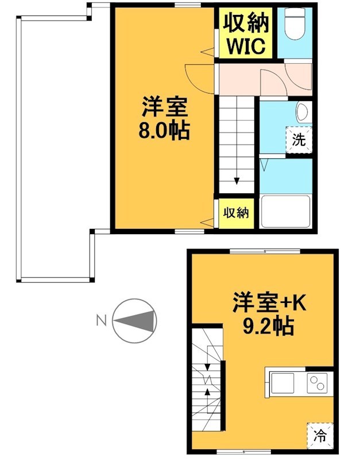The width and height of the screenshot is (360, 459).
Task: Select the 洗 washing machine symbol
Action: (x=299, y=139)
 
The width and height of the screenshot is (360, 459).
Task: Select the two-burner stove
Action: (x=317, y=381)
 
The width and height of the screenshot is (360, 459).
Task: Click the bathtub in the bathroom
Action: (x=286, y=211)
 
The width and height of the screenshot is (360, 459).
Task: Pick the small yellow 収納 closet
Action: (x=235, y=213)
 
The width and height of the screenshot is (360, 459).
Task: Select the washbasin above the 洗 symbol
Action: (x=303, y=111)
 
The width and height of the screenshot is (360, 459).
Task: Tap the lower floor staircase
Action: (x=206, y=378)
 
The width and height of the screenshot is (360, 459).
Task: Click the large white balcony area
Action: (x=55, y=149)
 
